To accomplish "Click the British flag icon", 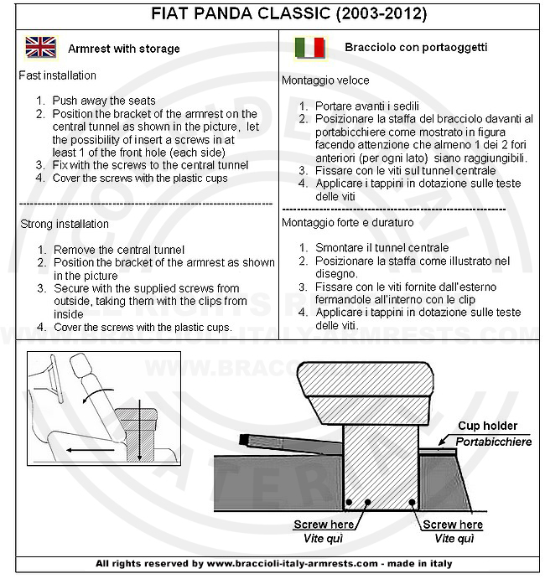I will tap(41, 48).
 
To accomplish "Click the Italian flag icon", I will tap(309, 48).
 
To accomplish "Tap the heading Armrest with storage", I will tap(124, 49).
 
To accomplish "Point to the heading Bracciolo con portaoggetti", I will tap(416, 48).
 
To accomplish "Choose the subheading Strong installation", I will tap(65, 224).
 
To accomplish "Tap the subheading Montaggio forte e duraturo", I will tap(348, 222).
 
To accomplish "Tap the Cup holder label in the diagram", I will tap(487, 426).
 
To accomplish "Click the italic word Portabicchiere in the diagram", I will tap(494, 441).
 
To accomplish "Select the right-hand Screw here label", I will tap(453, 525).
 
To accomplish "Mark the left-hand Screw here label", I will tap(324, 525).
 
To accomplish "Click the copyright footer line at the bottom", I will tap(272, 563).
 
